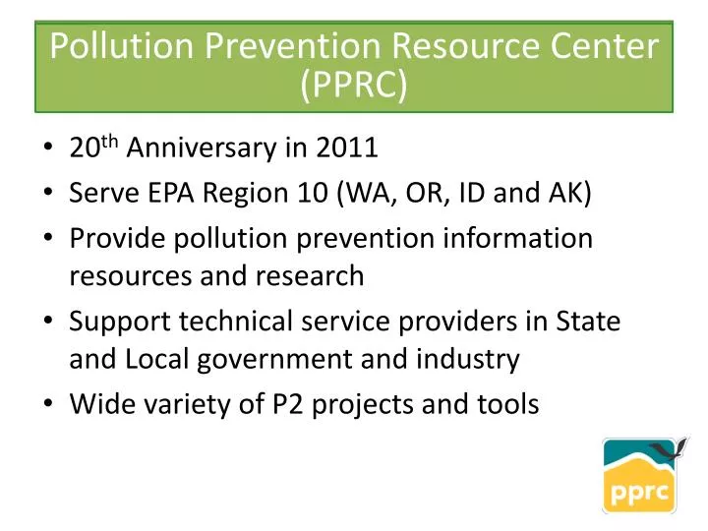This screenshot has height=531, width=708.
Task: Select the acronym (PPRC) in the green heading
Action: tap(354, 86)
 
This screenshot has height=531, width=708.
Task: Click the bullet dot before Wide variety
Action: tap(49, 404)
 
